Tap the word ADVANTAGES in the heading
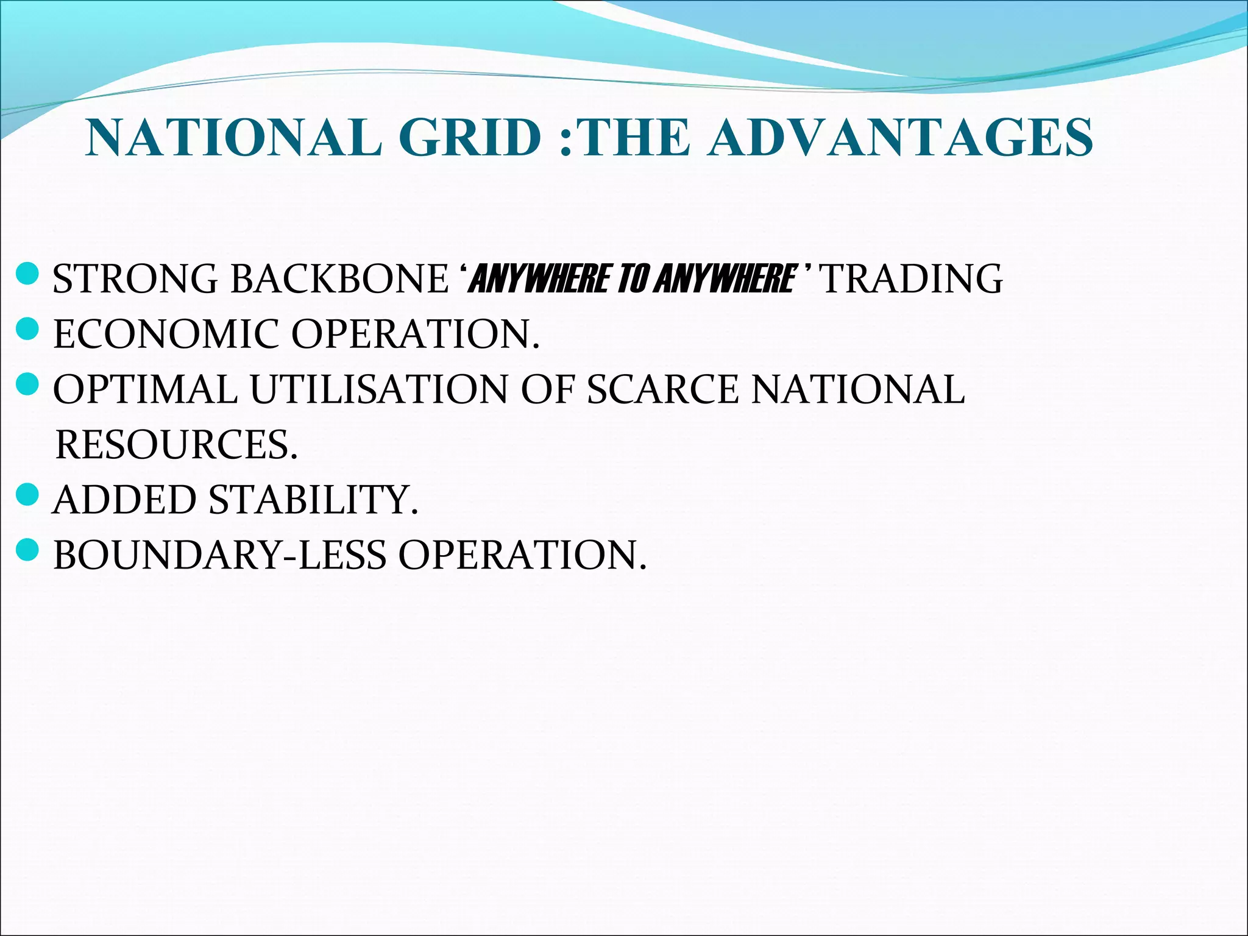point(902,138)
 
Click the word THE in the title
point(636,138)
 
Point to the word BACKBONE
point(340,279)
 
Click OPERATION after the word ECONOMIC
point(416,334)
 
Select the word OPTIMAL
point(145,389)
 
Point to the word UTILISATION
point(378,389)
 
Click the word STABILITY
point(313,500)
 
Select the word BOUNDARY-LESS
point(220,555)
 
